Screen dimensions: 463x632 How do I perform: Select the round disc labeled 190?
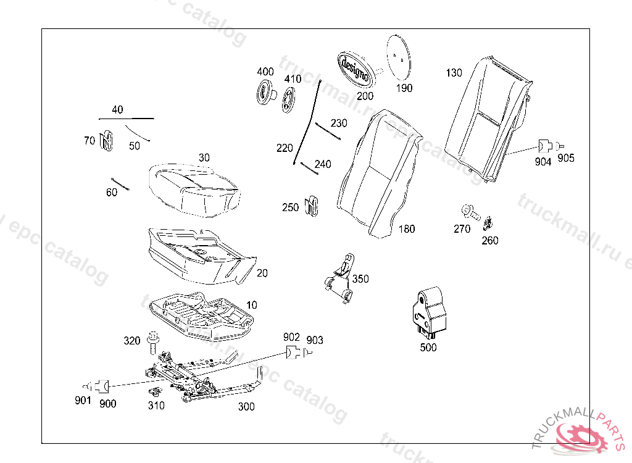[399, 56]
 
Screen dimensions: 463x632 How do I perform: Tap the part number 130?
[454, 73]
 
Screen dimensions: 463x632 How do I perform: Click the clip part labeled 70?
[107, 141]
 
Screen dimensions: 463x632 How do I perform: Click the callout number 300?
[246, 407]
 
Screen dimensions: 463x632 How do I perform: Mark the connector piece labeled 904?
[544, 146]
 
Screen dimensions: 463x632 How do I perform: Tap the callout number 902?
[291, 337]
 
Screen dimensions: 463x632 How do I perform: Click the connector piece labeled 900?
[104, 386]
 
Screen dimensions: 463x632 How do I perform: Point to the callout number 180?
[407, 229]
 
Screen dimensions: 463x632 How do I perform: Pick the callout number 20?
[262, 273]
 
